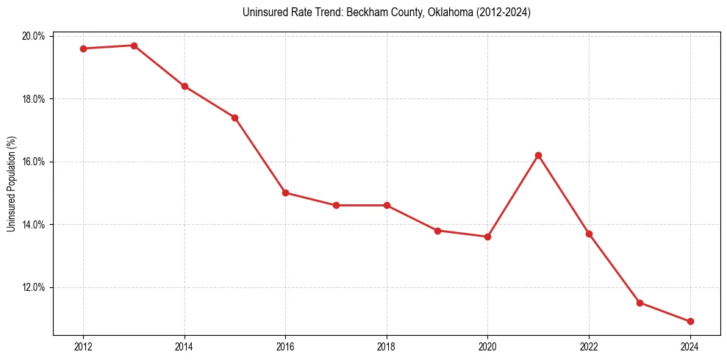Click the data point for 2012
pyautogui.click(x=83, y=48)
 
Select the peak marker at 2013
pyautogui.click(x=134, y=46)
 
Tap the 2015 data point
pyautogui.click(x=234, y=118)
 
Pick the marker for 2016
pyautogui.click(x=285, y=193)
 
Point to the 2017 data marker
pyautogui.click(x=336, y=206)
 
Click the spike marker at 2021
pyautogui.click(x=538, y=155)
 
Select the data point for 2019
pyautogui.click(x=437, y=231)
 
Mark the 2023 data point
pyautogui.click(x=640, y=303)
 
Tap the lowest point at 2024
pyautogui.click(x=690, y=322)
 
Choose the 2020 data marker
pyautogui.click(x=487, y=237)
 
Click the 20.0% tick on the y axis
pyautogui.click(x=35, y=36)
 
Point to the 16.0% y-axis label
pyautogui.click(x=35, y=162)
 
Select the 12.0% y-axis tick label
pyautogui.click(x=35, y=287)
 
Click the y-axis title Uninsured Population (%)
pyautogui.click(x=11, y=184)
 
